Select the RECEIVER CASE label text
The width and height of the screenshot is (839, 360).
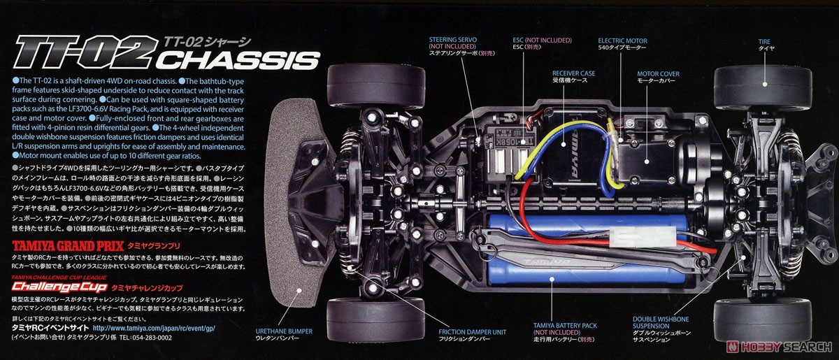(573, 73)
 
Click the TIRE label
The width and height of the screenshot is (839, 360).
(764, 41)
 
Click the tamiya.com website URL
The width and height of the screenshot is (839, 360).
(150, 326)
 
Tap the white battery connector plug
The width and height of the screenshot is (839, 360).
(629, 238)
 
